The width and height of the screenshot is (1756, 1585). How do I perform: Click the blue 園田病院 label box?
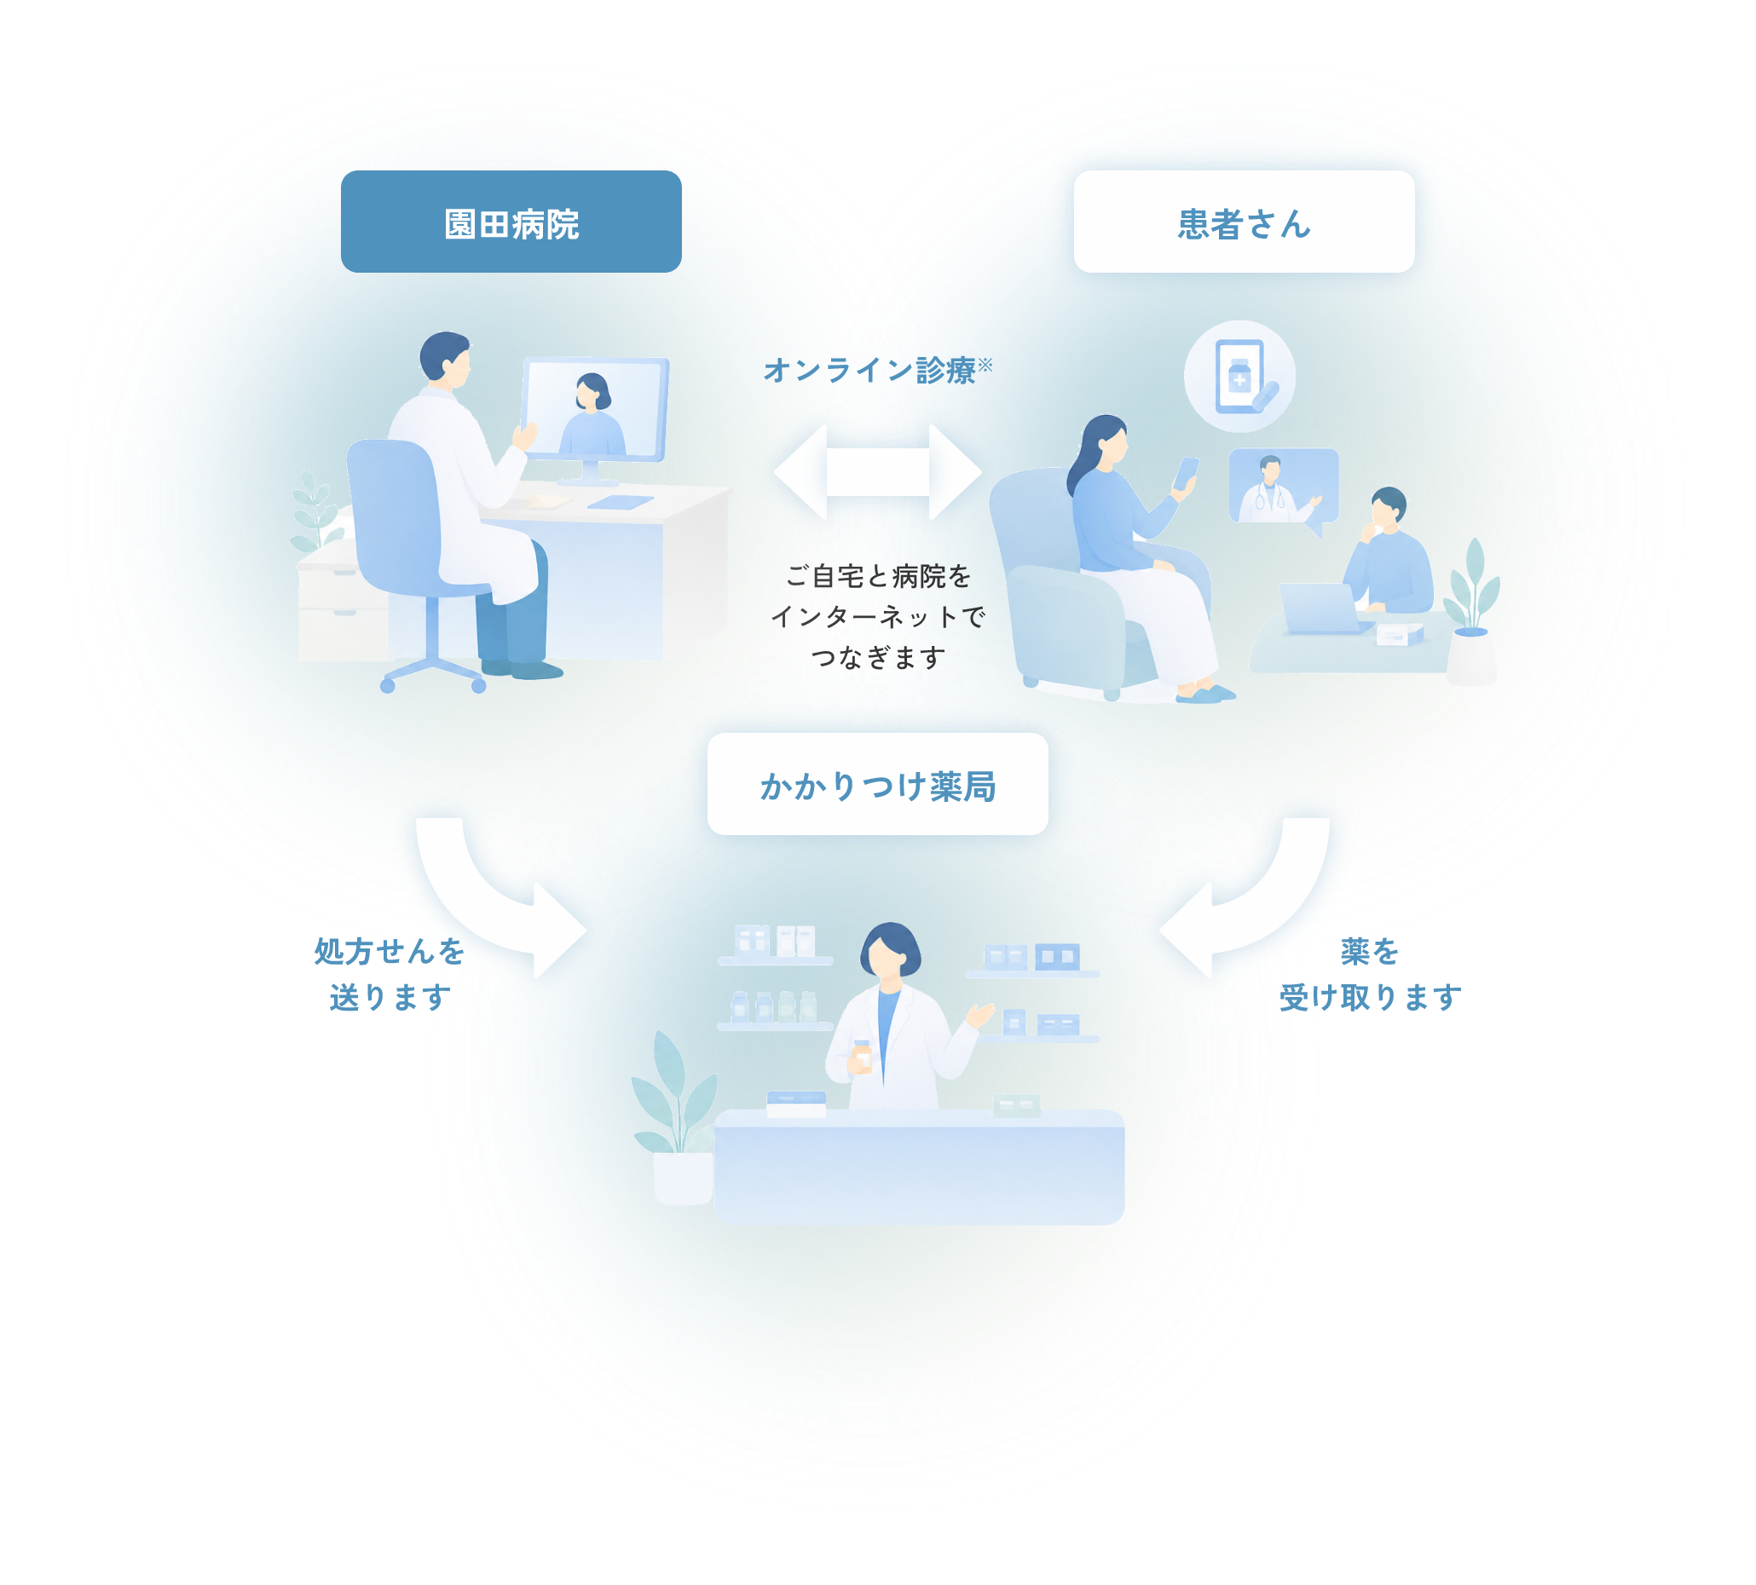511,222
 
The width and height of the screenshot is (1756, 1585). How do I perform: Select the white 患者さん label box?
1244,222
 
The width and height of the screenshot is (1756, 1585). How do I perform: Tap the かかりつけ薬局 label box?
877,784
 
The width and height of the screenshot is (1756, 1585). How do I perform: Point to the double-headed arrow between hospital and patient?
878,472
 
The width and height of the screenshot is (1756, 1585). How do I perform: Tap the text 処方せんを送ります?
390,974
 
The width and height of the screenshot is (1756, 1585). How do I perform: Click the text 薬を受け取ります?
1370,974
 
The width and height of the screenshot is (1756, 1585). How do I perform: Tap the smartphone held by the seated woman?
1186,475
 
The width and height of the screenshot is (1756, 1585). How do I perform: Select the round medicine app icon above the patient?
1239,376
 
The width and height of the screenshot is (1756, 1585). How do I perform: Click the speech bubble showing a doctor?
1284,487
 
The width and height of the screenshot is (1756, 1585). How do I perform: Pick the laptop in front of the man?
1322,608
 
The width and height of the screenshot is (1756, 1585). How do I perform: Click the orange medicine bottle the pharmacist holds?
862,1057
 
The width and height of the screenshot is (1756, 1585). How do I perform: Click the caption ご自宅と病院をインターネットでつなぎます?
878,617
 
